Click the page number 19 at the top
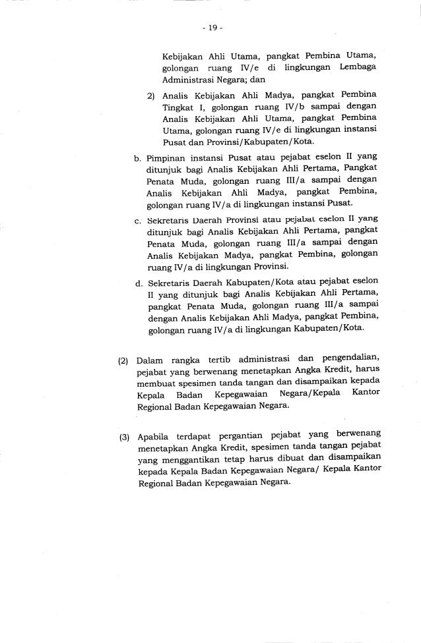click(210, 28)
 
